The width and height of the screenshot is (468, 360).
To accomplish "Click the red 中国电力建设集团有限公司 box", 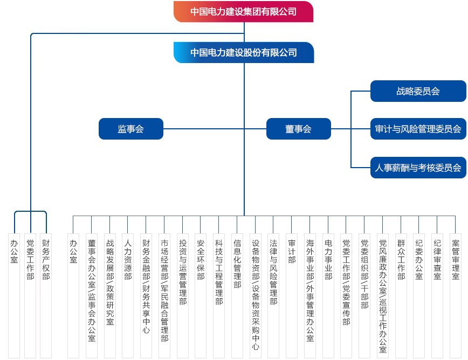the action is pyautogui.click(x=243, y=12).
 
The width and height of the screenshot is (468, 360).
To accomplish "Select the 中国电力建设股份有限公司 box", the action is pyautogui.click(x=244, y=52).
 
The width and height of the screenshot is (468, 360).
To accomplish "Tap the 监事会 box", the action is pyautogui.click(x=130, y=129).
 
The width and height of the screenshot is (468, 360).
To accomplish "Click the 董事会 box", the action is pyautogui.click(x=299, y=129).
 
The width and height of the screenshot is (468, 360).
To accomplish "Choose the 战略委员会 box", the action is pyautogui.click(x=418, y=91).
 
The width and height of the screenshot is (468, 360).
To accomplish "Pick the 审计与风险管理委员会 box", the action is pyautogui.click(x=418, y=129).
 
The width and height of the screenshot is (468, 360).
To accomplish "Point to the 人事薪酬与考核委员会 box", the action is pyautogui.click(x=418, y=168).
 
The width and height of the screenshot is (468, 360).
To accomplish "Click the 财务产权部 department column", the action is pyautogui.click(x=46, y=295).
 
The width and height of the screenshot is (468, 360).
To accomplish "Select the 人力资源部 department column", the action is pyautogui.click(x=128, y=295).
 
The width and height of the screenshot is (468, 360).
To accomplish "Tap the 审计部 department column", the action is pyautogui.click(x=292, y=295).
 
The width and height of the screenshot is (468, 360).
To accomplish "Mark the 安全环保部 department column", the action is pyautogui.click(x=201, y=295).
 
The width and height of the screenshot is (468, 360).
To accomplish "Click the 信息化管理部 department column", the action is pyautogui.click(x=237, y=295).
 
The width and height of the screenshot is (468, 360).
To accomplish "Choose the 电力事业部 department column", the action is pyautogui.click(x=328, y=295).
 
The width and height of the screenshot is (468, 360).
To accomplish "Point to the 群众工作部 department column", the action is pyautogui.click(x=401, y=295).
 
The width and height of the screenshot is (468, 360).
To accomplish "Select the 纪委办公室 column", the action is pyautogui.click(x=419, y=295).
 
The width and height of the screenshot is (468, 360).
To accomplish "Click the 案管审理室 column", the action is pyautogui.click(x=456, y=295).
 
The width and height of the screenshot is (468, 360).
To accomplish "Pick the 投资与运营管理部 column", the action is pyautogui.click(x=183, y=295).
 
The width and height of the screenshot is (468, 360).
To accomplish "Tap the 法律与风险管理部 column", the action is pyautogui.click(x=273, y=295).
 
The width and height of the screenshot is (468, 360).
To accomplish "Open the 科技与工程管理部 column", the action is pyautogui.click(x=219, y=295).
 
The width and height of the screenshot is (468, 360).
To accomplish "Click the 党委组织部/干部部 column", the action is pyautogui.click(x=364, y=295).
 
